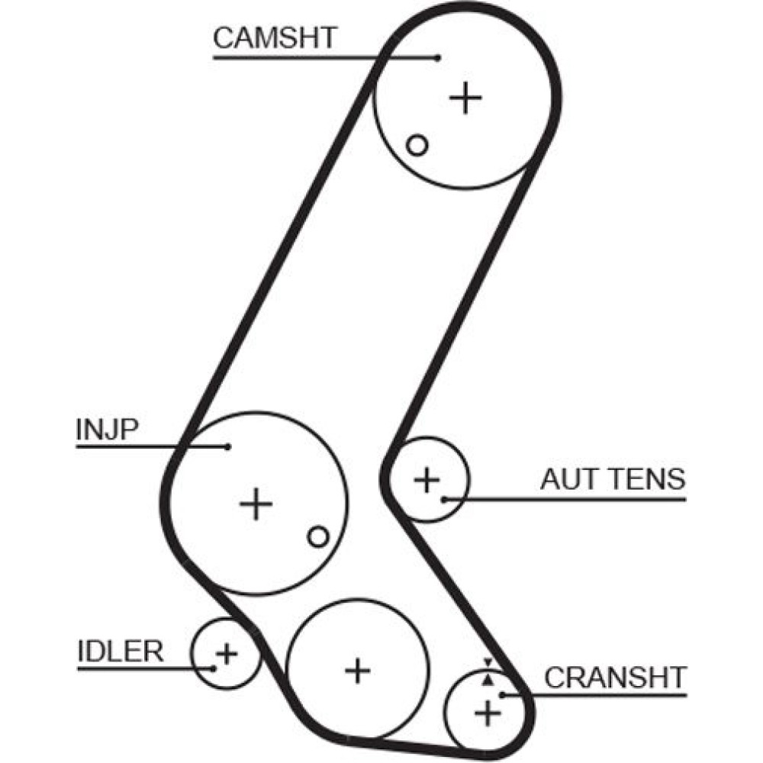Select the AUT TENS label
[x=613, y=479]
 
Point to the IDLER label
[x=121, y=652]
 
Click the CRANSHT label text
[x=615, y=677]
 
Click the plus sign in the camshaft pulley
[x=465, y=98]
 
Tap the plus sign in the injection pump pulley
[x=256, y=504]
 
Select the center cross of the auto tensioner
[x=427, y=481]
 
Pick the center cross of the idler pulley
[x=226, y=653]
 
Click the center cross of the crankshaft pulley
[x=488, y=714]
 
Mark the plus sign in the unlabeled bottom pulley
[x=357, y=671]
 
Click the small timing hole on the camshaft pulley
[x=417, y=144]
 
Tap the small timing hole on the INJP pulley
[x=318, y=536]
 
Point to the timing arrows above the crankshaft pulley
[x=488, y=669]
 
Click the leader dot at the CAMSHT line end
[x=438, y=57]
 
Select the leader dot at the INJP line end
[x=227, y=447]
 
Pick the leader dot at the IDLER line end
[x=215, y=668]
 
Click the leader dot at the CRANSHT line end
[x=503, y=694]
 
